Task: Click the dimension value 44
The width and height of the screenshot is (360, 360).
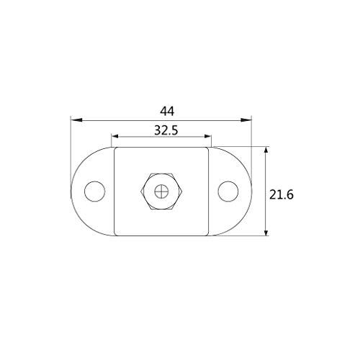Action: [167, 112]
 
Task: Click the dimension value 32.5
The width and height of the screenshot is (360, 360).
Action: [166, 130]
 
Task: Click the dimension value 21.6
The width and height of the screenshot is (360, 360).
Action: [282, 194]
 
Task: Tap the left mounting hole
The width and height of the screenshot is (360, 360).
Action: [95, 192]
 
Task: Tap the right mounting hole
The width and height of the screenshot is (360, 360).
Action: [228, 192]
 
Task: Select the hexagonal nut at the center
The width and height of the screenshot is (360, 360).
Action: [161, 192]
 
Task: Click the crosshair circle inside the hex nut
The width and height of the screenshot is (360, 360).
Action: [161, 192]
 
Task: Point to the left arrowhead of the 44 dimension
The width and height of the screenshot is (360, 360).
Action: [76, 120]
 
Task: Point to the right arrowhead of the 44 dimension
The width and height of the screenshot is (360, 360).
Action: [246, 120]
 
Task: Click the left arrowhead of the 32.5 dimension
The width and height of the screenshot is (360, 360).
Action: [115, 136]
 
